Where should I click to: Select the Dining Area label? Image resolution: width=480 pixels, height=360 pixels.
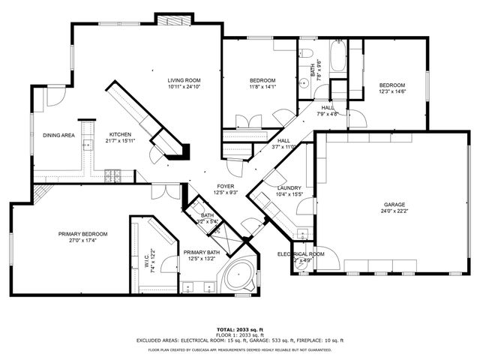click(58, 135)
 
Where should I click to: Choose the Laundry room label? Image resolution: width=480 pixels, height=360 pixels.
click(289, 187)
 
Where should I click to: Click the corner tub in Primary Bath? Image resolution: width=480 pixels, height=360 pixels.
click(239, 277)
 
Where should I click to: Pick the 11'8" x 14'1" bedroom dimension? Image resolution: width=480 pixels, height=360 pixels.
click(262, 87)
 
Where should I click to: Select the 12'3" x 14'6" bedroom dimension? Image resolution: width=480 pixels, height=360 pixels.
click(392, 91)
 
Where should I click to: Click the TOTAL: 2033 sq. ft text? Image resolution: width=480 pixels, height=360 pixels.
click(239, 329)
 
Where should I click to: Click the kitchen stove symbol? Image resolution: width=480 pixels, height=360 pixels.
click(114, 177)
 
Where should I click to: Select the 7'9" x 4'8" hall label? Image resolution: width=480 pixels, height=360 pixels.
click(328, 114)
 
